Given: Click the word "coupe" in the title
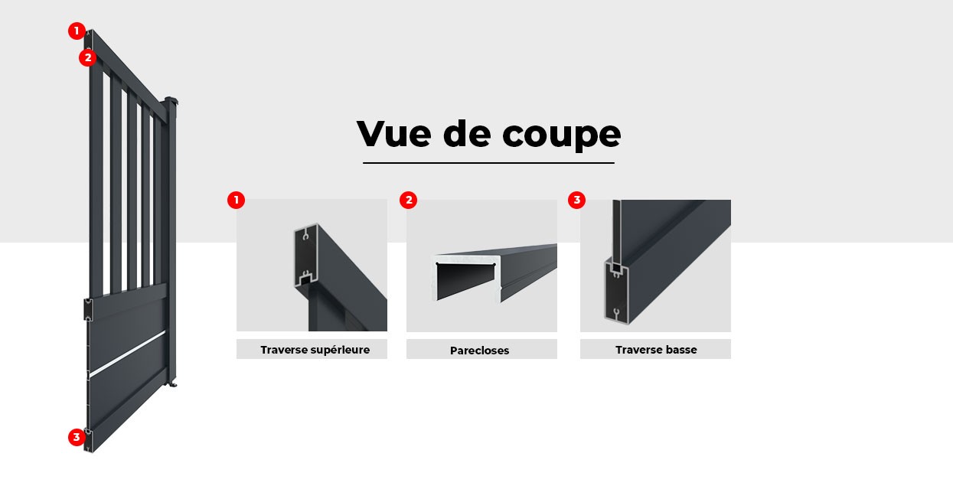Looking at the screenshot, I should [562, 135].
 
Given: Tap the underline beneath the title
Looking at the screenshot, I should [488, 162].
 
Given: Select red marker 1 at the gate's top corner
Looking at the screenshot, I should [76, 31].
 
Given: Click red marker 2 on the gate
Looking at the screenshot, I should [87, 57].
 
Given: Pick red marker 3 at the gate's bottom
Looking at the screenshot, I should [76, 437].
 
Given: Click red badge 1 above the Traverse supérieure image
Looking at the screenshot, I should [236, 201].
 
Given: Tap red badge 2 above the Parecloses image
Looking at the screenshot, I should [409, 201].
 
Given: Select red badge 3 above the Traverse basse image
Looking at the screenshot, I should [576, 201].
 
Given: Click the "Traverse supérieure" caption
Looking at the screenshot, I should [315, 350].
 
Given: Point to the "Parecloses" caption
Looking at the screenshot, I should [480, 351].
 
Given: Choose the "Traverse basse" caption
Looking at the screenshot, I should [656, 350].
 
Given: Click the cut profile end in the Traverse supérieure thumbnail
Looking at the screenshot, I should [305, 256].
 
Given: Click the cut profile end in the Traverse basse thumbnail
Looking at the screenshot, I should [615, 291].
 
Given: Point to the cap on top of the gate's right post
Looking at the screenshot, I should [171, 101].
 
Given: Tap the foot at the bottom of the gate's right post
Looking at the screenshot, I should [173, 382].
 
